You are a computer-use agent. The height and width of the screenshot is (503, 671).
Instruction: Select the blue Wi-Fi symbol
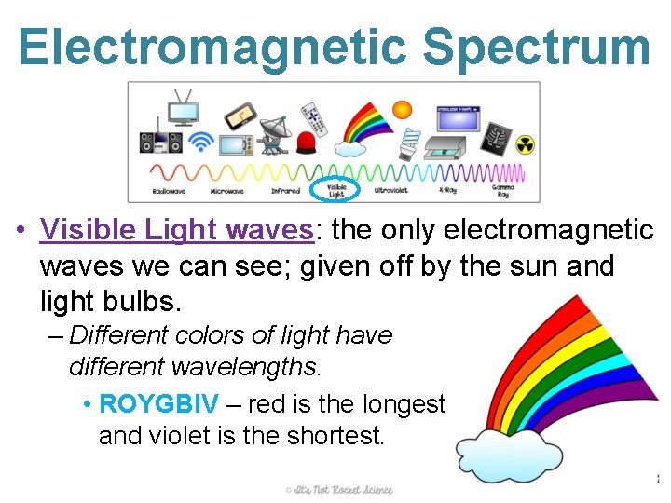[x=200, y=142]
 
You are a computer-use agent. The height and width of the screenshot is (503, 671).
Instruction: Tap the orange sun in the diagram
[x=402, y=110]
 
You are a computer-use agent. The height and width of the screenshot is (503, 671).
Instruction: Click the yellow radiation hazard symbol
[x=526, y=145]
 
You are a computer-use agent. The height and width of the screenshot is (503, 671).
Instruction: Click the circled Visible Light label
[x=336, y=189]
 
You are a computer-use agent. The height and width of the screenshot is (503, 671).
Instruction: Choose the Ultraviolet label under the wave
[x=390, y=191]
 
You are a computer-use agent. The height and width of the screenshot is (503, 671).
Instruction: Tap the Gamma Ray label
[x=502, y=191]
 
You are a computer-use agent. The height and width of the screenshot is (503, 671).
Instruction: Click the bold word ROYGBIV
[x=158, y=404]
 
